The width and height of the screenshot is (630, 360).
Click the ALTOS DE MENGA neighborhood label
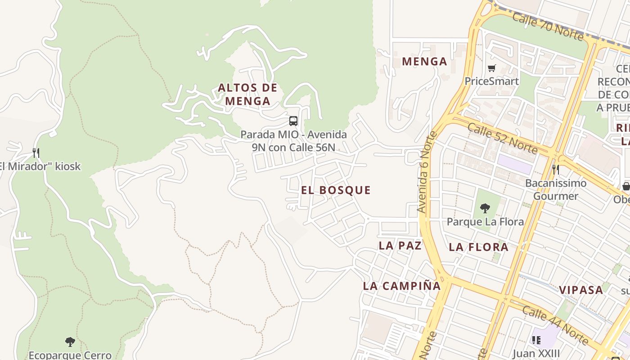pos(247,94)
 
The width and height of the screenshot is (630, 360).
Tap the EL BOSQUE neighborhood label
pos(336,190)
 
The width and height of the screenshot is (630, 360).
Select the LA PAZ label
pos(400,245)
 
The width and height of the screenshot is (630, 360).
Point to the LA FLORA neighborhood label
pos(478,247)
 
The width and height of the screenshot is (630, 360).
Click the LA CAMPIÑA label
pos(402,286)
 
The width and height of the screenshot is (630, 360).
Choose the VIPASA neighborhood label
pos(581,290)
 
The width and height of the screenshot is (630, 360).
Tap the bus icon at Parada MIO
pos(293,121)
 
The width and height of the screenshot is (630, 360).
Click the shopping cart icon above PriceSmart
pos(491,68)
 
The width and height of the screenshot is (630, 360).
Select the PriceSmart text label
pos(491,81)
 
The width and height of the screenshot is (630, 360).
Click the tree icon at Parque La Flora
pos(485,208)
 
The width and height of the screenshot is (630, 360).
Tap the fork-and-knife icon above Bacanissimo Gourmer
pos(556,170)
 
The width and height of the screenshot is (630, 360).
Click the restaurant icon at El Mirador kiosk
pos(36,153)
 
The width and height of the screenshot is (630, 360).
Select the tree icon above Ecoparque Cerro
pos(70,342)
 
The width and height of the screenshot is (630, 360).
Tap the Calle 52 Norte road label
pos(502,137)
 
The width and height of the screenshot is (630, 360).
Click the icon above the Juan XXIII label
pos(535,340)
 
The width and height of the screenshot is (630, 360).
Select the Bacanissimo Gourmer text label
pos(556,189)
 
